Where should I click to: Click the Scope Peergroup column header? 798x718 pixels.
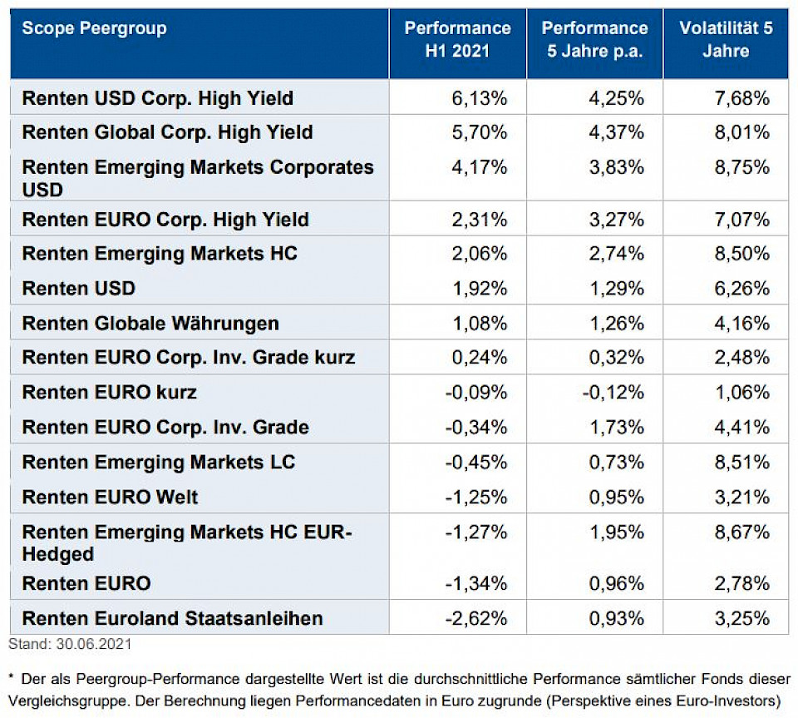click(x=94, y=28)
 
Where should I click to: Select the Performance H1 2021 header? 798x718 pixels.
click(x=457, y=39)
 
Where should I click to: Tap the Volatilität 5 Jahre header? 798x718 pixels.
click(x=726, y=39)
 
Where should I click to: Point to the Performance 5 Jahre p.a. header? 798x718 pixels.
click(x=594, y=39)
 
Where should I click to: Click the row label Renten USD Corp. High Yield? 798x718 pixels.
click(x=158, y=98)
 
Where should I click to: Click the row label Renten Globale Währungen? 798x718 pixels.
click(x=150, y=323)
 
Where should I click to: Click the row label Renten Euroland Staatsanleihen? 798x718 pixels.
click(x=172, y=618)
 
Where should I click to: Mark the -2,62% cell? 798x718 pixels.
click(x=476, y=618)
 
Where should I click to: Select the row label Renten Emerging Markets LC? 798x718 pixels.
click(x=159, y=462)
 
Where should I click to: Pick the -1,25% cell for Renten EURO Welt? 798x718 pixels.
click(x=476, y=498)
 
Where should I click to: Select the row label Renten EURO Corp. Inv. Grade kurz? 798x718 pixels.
click(x=189, y=358)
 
